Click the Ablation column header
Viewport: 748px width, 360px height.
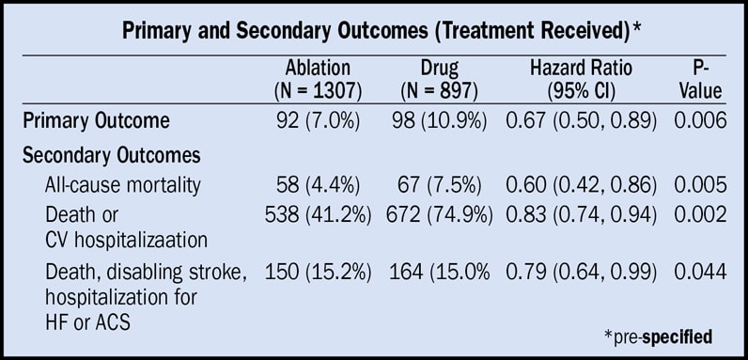pyautogui.click(x=319, y=79)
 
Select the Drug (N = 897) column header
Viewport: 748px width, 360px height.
pyautogui.click(x=440, y=79)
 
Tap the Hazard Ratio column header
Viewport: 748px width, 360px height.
pyautogui.click(x=581, y=79)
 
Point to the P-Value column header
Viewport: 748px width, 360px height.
pyautogui.click(x=700, y=79)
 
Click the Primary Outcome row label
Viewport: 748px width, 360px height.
pyautogui.click(x=96, y=121)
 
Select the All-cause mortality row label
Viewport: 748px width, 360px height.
pyautogui.click(x=122, y=185)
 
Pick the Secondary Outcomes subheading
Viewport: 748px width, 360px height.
pyautogui.click(x=111, y=156)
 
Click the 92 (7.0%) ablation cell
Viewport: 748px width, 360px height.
pyautogui.click(x=318, y=121)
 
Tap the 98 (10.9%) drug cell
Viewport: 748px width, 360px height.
pyautogui.click(x=440, y=121)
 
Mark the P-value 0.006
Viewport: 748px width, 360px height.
pyautogui.click(x=700, y=121)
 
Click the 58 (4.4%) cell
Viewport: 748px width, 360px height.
pyautogui.click(x=318, y=185)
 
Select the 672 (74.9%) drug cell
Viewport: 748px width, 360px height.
pyautogui.click(x=440, y=215)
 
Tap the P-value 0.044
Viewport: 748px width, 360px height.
pyautogui.click(x=700, y=272)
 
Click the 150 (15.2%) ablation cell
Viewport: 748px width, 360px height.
pyautogui.click(x=319, y=272)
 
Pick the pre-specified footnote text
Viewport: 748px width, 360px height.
pyautogui.click(x=659, y=337)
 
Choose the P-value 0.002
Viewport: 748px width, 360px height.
pyautogui.click(x=700, y=215)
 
